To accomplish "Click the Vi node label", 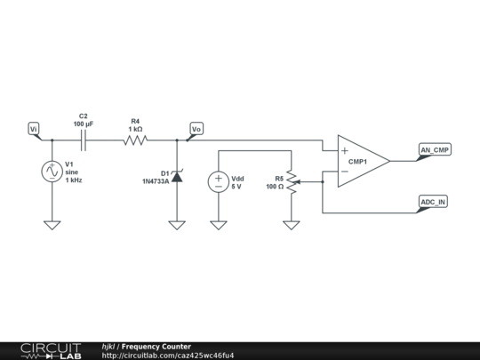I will [x=34, y=129].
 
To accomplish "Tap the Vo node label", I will [x=196, y=129].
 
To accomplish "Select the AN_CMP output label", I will [x=435, y=149].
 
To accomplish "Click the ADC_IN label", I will [x=433, y=202].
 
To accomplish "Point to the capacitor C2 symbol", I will [x=84, y=140].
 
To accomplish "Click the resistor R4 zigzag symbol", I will [x=135, y=140].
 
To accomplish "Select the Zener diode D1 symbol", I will [x=177, y=177].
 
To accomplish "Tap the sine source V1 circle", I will [x=52, y=172].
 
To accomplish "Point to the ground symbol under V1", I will [x=52, y=225].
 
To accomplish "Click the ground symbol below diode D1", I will [x=177, y=225].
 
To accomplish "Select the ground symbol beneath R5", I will [x=292, y=225].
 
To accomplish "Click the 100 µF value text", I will [x=84, y=124].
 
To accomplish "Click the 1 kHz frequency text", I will [x=73, y=180].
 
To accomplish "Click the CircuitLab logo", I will [x=51, y=350].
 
